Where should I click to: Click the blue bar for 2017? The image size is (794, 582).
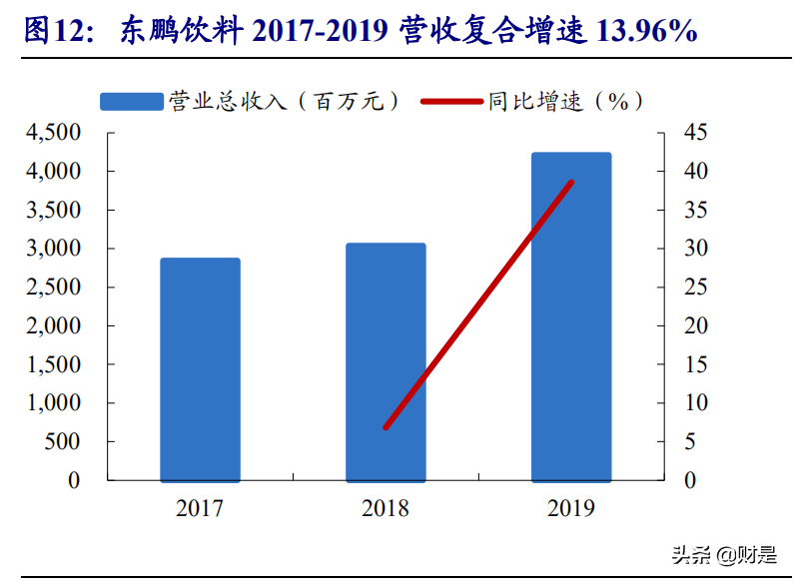tap(200, 369)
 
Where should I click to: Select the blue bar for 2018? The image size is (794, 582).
tap(386, 361)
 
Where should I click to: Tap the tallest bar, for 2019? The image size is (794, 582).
tap(570, 316)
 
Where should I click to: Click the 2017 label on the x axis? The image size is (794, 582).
tap(200, 509)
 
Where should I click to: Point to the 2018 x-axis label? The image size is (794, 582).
tap(386, 509)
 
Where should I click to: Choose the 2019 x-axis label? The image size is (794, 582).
tap(570, 509)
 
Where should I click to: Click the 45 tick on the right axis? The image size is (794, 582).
tap(695, 133)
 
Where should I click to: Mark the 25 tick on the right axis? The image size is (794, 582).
tap(695, 288)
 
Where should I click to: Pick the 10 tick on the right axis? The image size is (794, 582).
tap(695, 403)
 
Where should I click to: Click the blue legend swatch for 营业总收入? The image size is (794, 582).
tap(131, 101)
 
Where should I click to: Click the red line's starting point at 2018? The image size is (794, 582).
tap(386, 427)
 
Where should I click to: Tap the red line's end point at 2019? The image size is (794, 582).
tap(571, 182)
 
